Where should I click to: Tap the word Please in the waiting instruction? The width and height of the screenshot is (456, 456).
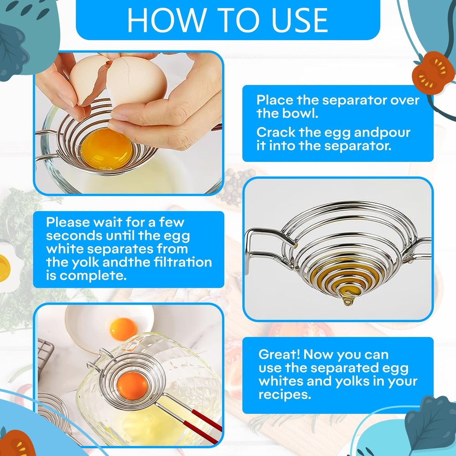(x=69, y=223)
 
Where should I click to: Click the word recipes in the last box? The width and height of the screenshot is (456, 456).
(x=285, y=394)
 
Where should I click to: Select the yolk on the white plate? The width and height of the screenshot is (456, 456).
(x=123, y=326)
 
